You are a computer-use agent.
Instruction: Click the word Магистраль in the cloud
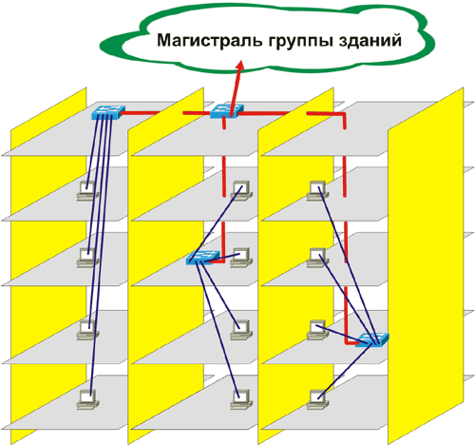point(209,41)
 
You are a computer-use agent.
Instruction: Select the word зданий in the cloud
point(370,41)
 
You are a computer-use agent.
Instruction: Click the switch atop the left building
point(108,112)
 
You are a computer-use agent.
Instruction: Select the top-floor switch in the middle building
point(227,111)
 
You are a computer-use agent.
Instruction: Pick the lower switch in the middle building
point(202,258)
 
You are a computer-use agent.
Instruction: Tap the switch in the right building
point(372,339)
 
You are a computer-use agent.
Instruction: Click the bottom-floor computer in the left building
point(87,399)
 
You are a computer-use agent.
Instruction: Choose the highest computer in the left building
point(87,191)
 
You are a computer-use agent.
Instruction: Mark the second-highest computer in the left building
point(87,258)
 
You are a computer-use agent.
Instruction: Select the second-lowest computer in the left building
point(87,330)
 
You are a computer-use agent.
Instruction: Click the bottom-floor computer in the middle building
point(241,399)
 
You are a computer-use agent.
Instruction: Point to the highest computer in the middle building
point(241,191)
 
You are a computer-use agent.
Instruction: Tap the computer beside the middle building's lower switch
point(241,258)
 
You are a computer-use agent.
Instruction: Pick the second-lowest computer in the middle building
point(241,330)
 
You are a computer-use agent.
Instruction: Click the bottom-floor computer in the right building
point(317,399)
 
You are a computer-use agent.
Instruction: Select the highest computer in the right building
point(317,191)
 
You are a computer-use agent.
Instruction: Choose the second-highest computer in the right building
point(317,258)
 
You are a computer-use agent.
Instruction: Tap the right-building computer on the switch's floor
point(317,330)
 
